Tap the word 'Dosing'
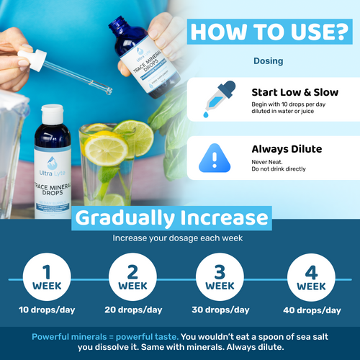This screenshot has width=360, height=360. [268, 61]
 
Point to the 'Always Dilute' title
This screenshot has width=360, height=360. [287, 149]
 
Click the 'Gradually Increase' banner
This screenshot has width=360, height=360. [172, 217]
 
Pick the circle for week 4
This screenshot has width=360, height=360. [305, 277]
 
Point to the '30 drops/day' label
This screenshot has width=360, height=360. [222, 310]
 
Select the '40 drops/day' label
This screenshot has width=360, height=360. [312, 310]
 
